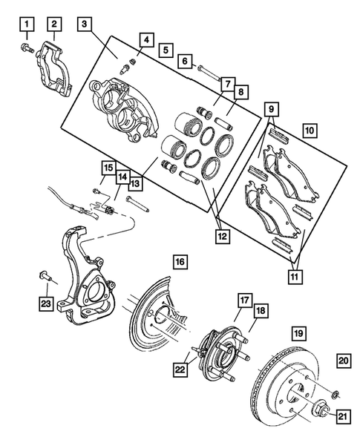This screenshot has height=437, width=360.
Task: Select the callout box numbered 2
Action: point(55,25)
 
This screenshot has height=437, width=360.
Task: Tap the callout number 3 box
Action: point(88,25)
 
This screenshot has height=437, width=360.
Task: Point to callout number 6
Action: point(185,61)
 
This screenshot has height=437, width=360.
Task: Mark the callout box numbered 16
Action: point(180,262)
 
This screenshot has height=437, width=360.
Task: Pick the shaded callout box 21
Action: point(342,416)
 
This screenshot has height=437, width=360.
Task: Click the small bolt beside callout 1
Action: point(28,49)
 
